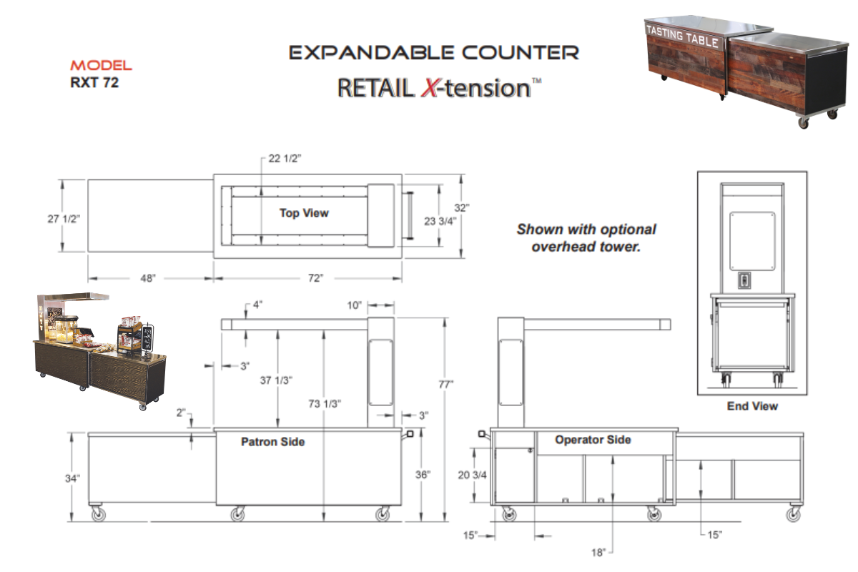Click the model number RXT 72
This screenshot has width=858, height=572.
point(94,83)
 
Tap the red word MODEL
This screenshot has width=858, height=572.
point(101,66)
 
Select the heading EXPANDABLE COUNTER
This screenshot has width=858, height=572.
point(433,52)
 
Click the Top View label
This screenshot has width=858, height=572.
point(304,213)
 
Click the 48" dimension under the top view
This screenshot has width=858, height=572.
point(148,278)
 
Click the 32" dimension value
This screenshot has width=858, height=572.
point(463,208)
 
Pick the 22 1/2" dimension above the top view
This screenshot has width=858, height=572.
point(284,159)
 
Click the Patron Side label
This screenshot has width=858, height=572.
point(272,442)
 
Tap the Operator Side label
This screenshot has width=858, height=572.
point(593,440)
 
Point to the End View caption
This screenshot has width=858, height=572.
point(752,406)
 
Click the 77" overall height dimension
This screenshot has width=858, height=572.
point(446,384)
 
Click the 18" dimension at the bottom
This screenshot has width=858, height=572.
point(598,551)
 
